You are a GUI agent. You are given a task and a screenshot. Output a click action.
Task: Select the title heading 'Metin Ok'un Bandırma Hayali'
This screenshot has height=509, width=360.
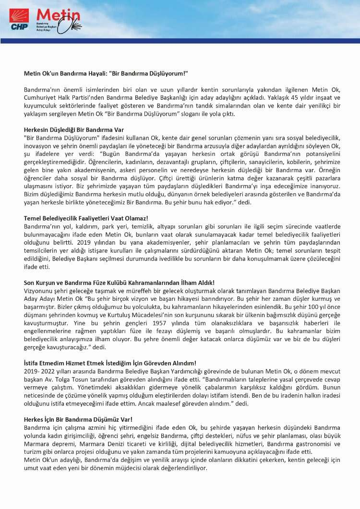(x=106, y=73)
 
